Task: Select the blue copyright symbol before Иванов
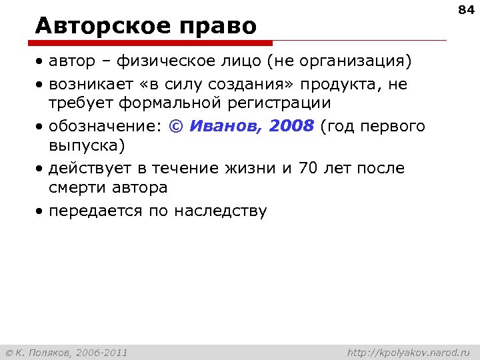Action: coord(177,127)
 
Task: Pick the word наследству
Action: coord(220,211)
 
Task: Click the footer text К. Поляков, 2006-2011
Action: coord(71,352)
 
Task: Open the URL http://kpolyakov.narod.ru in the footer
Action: coord(409,352)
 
